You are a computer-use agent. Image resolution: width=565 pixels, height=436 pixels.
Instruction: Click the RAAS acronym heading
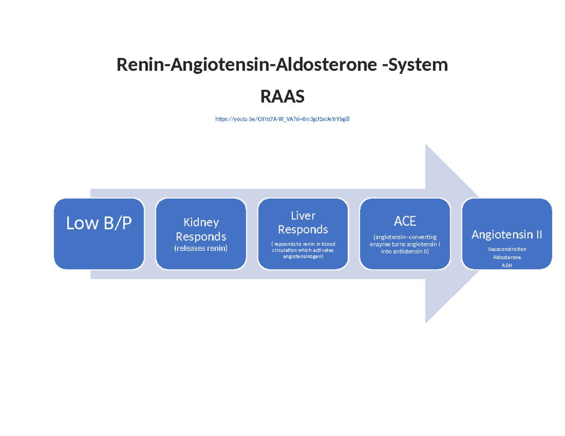point(282,97)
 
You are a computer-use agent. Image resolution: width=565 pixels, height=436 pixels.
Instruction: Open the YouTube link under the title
point(282,119)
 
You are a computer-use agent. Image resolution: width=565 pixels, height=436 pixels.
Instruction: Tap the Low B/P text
point(99,223)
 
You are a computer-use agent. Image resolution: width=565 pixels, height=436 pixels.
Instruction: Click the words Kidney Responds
point(201,229)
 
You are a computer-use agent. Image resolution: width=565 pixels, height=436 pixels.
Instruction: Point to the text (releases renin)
point(201,248)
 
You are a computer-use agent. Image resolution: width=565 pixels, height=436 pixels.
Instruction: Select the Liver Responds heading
point(303,222)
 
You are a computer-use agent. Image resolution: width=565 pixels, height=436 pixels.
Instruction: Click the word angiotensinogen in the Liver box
point(303,257)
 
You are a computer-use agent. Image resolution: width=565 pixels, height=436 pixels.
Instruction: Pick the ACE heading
point(405,221)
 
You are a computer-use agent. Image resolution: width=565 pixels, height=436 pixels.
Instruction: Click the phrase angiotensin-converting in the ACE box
point(405,237)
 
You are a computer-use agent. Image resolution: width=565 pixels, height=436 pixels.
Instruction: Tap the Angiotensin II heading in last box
point(507,234)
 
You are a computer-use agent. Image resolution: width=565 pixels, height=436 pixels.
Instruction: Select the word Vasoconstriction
point(507,249)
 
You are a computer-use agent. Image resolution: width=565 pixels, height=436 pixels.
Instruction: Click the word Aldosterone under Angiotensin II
point(507,257)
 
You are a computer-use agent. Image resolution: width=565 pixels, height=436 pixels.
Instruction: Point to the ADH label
point(507,265)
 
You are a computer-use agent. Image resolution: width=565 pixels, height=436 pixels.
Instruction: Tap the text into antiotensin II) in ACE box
point(405,251)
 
